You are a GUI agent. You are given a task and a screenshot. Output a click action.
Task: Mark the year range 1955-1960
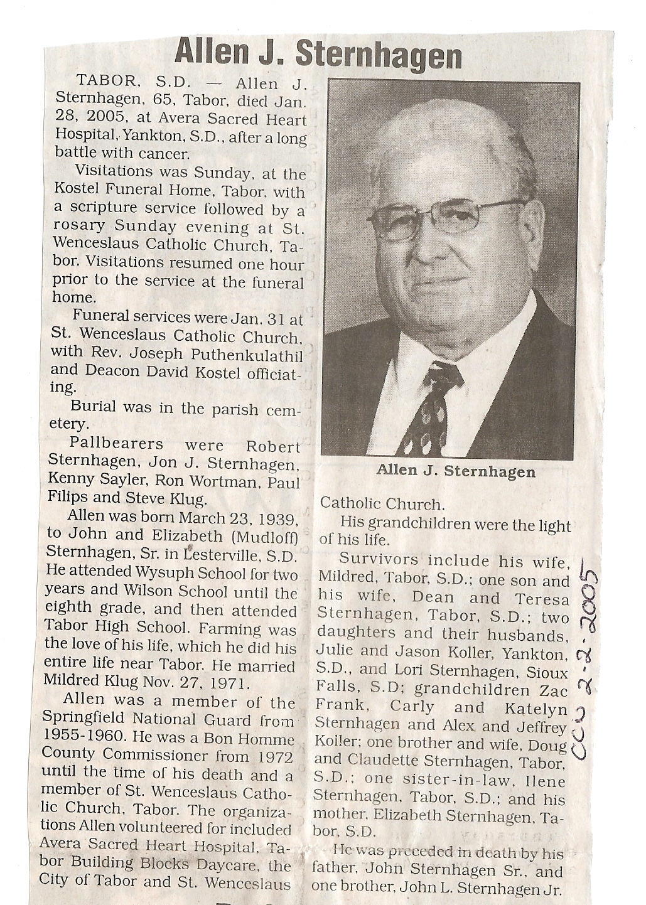(x=83, y=737)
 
